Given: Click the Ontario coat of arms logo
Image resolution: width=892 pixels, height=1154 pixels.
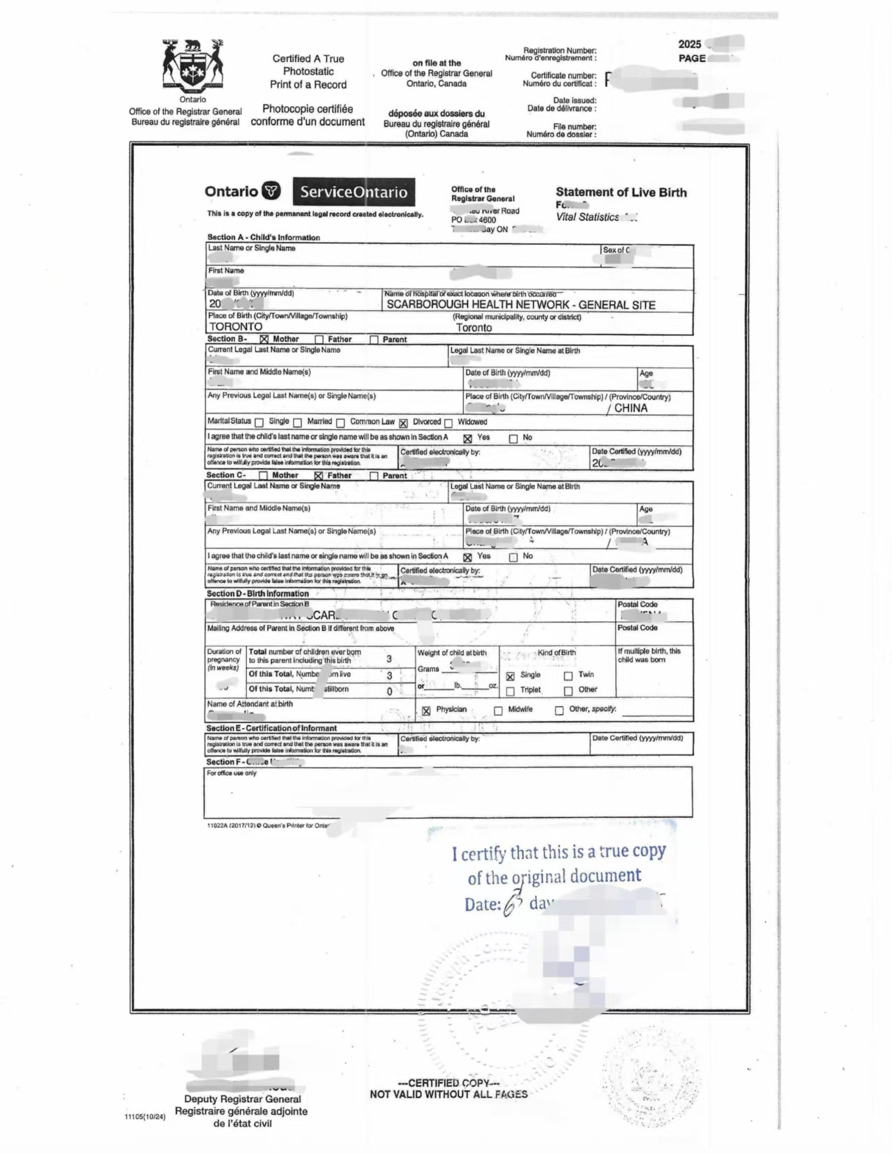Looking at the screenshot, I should [x=192, y=66].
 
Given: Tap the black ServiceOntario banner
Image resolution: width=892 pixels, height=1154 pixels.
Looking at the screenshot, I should [x=354, y=192].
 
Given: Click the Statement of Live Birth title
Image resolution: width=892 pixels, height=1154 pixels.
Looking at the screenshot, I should [x=621, y=192].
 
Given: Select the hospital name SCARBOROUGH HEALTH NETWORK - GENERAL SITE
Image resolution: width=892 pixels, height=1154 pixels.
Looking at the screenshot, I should [x=520, y=305].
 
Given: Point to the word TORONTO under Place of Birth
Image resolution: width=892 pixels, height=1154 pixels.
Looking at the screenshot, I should [x=236, y=326].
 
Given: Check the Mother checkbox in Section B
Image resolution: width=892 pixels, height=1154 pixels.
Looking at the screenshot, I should [x=264, y=340].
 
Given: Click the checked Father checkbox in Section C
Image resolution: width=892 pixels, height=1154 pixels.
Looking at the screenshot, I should [x=319, y=476].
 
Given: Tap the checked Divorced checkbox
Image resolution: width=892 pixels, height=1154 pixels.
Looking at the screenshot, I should [x=404, y=423].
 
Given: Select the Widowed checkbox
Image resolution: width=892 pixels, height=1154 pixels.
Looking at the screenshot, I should [x=448, y=423].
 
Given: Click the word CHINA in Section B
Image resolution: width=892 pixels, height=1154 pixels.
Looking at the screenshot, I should [x=630, y=408].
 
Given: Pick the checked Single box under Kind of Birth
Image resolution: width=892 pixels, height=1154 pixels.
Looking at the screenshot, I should [x=511, y=676].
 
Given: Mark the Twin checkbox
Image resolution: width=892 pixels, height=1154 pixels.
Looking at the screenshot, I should [x=568, y=675].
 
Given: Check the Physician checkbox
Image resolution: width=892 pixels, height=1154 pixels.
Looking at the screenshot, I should [x=426, y=711].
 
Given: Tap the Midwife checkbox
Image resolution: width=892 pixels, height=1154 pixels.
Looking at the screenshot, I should [x=498, y=711].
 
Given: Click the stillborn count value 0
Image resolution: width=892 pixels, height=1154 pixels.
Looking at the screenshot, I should [x=389, y=691].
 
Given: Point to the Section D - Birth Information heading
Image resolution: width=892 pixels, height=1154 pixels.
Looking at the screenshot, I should [x=257, y=593].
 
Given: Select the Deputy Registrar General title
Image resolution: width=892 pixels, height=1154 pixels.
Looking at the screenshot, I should [x=242, y=1099].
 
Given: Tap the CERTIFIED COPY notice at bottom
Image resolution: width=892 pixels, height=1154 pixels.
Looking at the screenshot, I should [x=448, y=1083].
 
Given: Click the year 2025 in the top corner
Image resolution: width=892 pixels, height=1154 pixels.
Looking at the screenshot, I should [x=690, y=44].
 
